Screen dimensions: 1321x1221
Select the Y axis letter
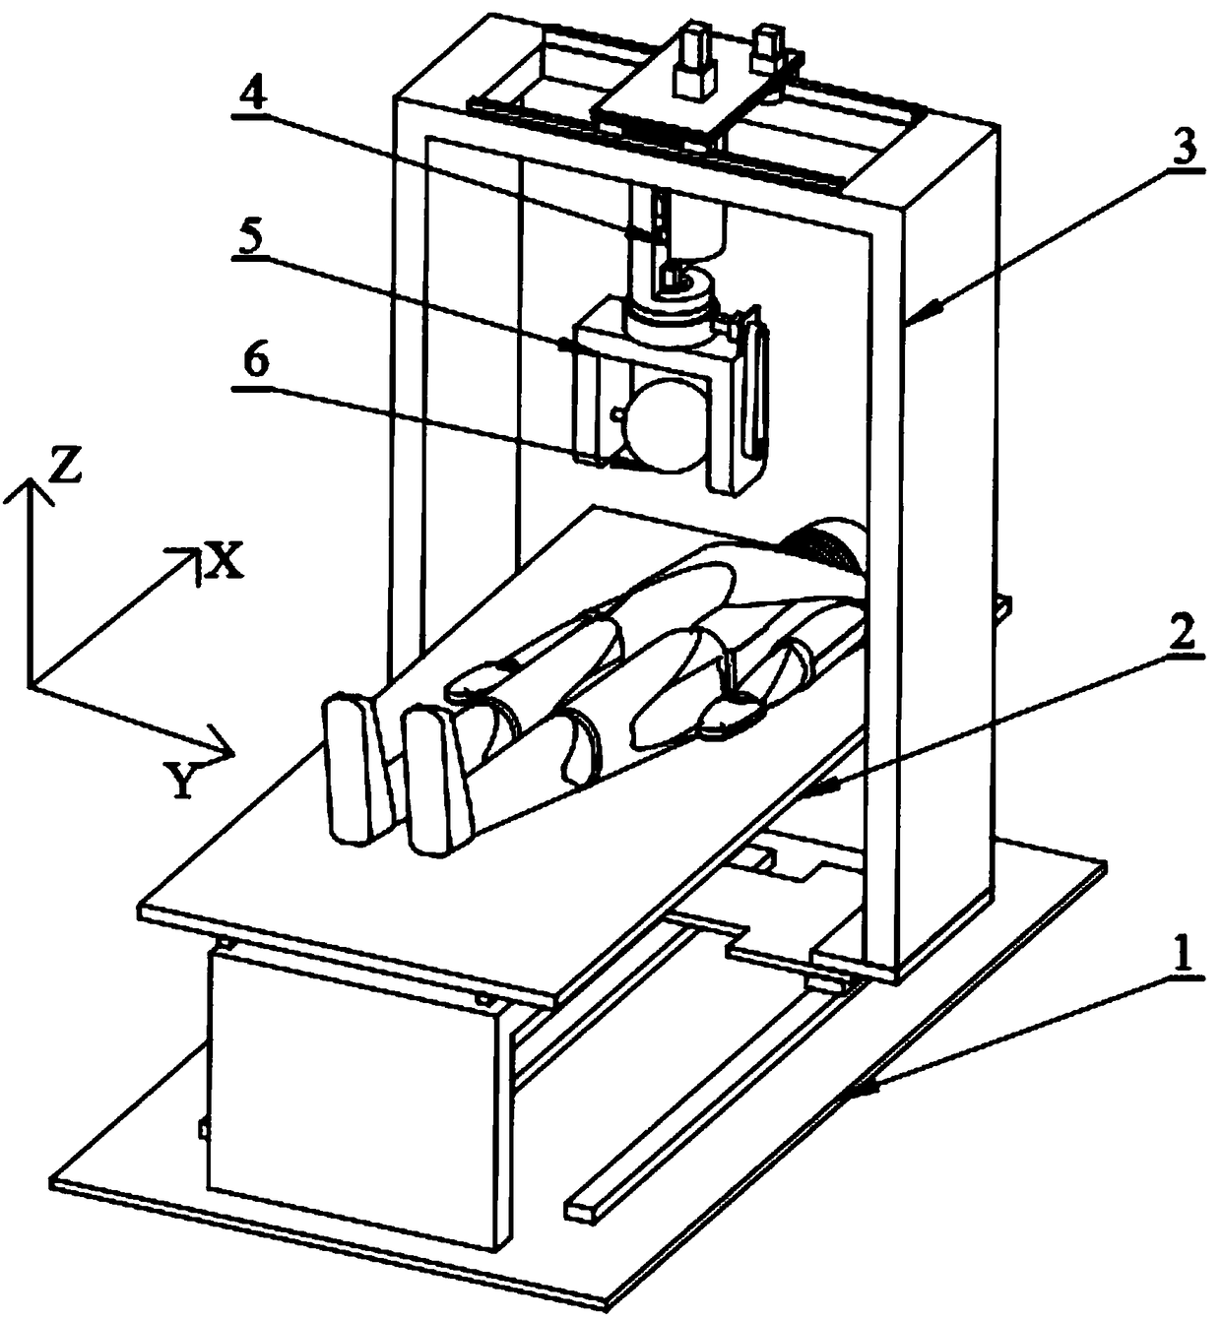(x=181, y=783)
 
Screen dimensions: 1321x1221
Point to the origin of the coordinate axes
(x=31, y=681)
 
